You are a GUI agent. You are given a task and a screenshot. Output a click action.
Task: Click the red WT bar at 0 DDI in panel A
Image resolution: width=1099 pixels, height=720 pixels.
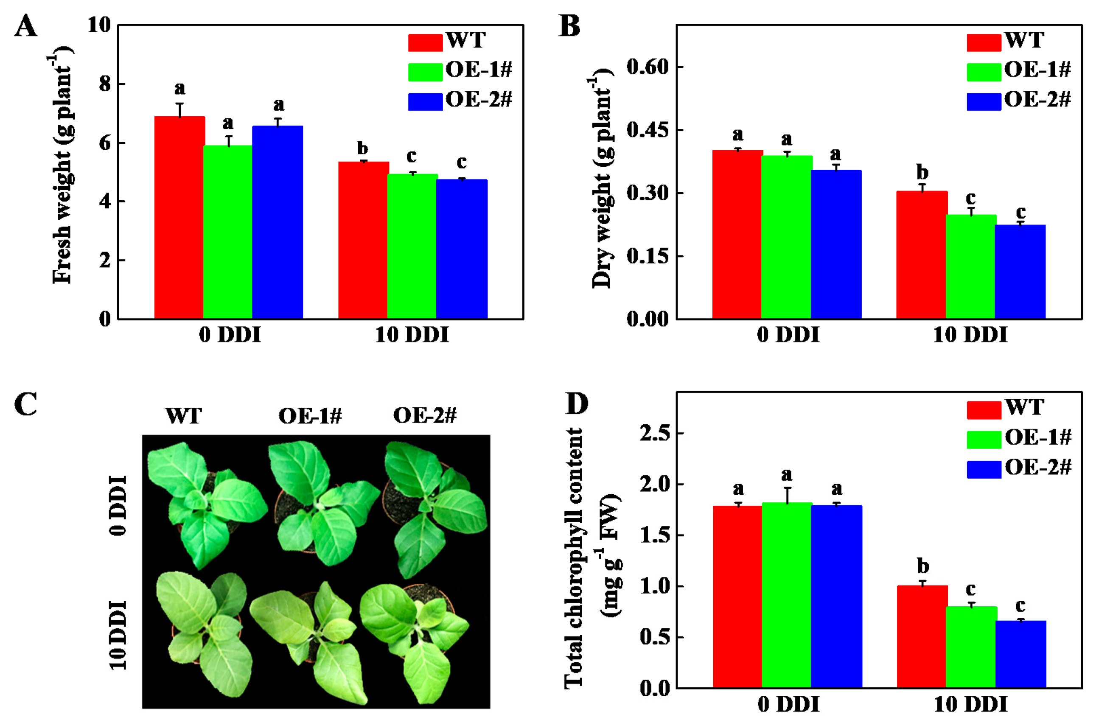pos(179,217)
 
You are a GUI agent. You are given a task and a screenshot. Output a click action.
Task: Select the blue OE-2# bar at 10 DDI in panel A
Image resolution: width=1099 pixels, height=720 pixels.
pos(461,249)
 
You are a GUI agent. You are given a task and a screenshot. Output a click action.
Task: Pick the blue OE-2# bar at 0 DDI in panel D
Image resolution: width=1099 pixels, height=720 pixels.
pos(836,596)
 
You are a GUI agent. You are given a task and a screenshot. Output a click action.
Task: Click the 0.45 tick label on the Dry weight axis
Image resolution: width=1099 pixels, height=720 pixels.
pos(647,130)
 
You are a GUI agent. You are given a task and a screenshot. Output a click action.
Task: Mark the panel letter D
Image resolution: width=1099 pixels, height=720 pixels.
pos(576,403)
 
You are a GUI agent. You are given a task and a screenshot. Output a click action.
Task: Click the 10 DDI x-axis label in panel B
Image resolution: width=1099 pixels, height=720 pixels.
pos(970,334)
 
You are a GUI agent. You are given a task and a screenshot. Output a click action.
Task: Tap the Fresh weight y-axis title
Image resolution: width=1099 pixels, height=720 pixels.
pos(62,166)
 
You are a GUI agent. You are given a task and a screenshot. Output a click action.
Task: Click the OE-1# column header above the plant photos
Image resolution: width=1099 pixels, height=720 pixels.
pos(310,416)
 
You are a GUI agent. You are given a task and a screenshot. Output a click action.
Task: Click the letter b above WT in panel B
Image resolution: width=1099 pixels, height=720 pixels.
pos(922,172)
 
